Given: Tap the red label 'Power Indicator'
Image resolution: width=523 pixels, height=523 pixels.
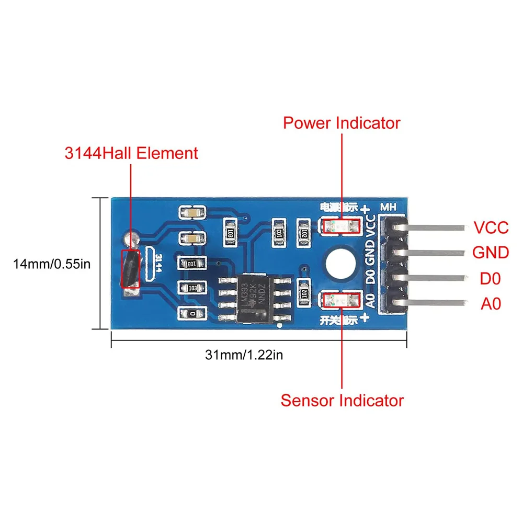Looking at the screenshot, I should [x=342, y=123].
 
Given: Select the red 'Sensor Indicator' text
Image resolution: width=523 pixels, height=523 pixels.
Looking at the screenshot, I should [x=342, y=401].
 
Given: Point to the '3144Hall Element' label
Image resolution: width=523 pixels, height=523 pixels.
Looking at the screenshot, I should [x=131, y=153].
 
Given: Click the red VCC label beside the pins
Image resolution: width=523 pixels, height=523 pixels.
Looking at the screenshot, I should [x=491, y=228].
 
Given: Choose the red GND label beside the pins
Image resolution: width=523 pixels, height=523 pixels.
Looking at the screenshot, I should [x=491, y=253].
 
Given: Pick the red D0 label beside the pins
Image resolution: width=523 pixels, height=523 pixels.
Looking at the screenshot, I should [x=490, y=278].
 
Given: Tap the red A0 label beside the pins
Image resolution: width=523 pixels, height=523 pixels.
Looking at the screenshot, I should [x=491, y=303].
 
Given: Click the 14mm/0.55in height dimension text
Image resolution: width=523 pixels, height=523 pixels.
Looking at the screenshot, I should [x=52, y=264].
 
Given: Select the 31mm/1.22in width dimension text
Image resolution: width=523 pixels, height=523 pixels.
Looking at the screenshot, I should [x=244, y=355].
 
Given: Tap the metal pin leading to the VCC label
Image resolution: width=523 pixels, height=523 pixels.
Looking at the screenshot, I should [x=434, y=228].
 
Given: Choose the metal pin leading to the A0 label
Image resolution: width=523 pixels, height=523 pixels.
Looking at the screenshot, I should [x=434, y=302].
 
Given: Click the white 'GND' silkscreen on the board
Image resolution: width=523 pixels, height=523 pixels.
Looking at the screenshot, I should [x=370, y=253].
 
